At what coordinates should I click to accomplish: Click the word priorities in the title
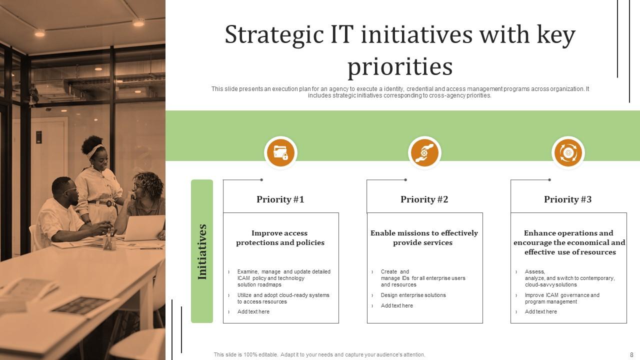point(400,66)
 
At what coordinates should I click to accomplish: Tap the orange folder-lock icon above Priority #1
point(280,152)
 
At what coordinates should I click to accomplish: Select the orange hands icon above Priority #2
point(424,152)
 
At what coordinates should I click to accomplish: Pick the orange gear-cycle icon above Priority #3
point(568,152)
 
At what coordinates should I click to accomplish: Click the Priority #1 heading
point(280,199)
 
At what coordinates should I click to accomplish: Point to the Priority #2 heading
point(424,199)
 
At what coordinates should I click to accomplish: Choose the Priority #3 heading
point(567,199)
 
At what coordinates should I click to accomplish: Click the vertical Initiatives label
point(202,251)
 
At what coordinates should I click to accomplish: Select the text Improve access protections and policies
point(280,238)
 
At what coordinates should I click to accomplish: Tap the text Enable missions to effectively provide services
point(424,238)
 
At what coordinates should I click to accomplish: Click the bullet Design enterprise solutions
point(413,295)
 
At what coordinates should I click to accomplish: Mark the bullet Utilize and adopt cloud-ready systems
point(283,298)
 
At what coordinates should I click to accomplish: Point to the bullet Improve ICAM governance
point(562,298)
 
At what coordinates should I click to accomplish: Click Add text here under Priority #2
point(397,305)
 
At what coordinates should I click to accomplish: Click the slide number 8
point(631,354)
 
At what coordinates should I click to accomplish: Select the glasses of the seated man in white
point(71,189)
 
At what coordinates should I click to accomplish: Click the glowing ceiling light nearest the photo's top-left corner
point(39,33)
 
